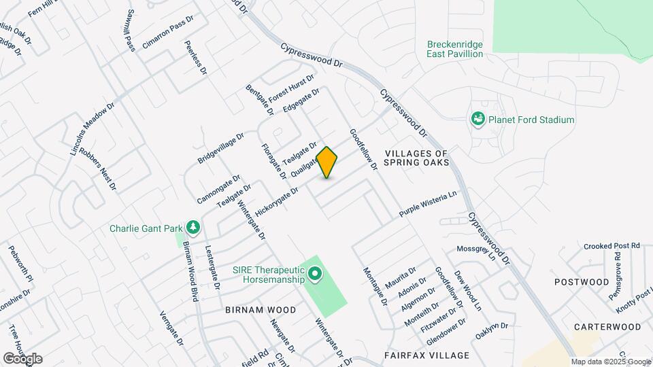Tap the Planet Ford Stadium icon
478,120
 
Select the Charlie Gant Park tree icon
194,227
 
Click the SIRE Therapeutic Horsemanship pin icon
314,275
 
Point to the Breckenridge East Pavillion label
455,49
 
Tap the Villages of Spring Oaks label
416,158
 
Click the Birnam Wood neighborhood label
261,310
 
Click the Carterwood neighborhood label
607,327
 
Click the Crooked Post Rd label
616,245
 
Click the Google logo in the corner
22,358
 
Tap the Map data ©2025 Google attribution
610,362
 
